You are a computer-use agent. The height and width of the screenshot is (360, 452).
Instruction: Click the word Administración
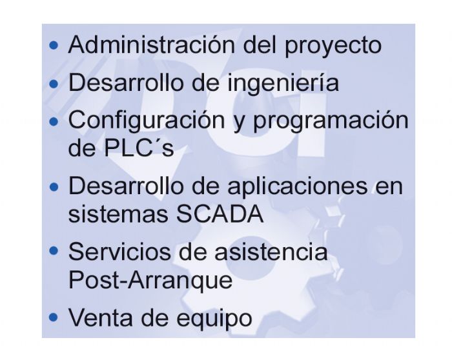point(152,45)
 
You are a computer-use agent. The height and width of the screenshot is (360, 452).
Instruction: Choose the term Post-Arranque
point(150,280)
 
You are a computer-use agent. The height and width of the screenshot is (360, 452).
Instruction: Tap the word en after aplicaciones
point(388,186)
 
